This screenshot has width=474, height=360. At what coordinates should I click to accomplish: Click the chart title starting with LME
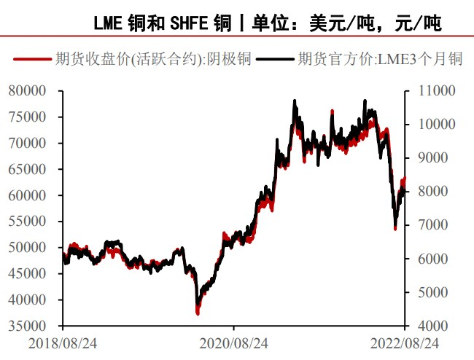[x=267, y=23]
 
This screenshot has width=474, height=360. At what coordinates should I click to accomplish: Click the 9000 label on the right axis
[x=435, y=158]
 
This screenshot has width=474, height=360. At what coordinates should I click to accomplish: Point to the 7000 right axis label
[x=435, y=225]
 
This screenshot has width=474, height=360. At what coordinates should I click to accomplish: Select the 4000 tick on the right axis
[x=435, y=326]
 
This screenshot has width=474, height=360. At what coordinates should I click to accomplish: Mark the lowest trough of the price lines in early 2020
[x=198, y=311]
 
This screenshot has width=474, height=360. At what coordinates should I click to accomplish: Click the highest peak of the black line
[x=295, y=101]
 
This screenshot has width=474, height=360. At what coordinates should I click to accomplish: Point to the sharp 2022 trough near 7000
[x=395, y=227]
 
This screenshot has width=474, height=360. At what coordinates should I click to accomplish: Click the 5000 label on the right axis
[x=435, y=292]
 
